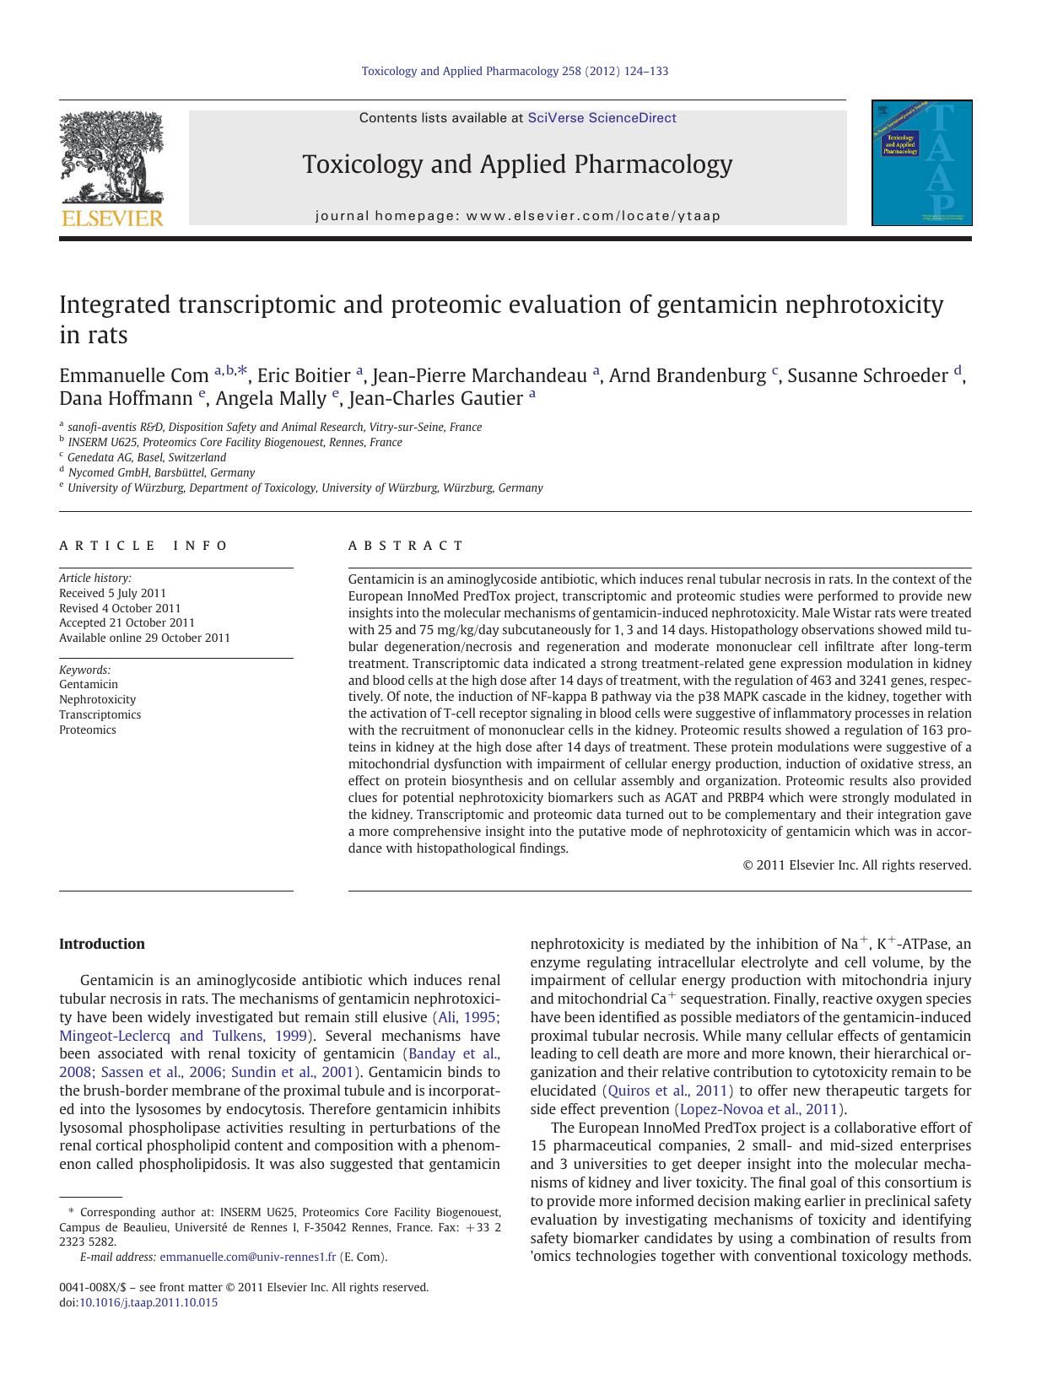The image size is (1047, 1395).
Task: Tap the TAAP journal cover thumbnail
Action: pos(921,163)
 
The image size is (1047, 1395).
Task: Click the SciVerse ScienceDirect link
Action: pos(602,118)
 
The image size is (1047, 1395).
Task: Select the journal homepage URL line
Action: pos(517,216)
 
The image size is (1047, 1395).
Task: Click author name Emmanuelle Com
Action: pos(133,375)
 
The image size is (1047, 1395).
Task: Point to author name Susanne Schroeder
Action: pos(866,375)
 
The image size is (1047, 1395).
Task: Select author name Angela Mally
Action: pos(270,398)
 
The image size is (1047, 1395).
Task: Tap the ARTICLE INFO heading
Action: pos(143,546)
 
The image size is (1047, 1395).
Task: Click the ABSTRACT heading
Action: pos(406,546)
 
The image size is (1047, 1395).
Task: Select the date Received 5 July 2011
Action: pos(112,593)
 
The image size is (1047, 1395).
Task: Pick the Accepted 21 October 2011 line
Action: pos(127,623)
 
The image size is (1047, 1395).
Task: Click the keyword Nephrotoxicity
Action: pos(97,699)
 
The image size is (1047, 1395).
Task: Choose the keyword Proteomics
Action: pos(87,730)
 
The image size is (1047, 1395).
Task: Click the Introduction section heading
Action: pos(101,944)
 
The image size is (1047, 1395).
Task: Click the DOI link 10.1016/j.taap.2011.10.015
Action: pos(148,1302)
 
